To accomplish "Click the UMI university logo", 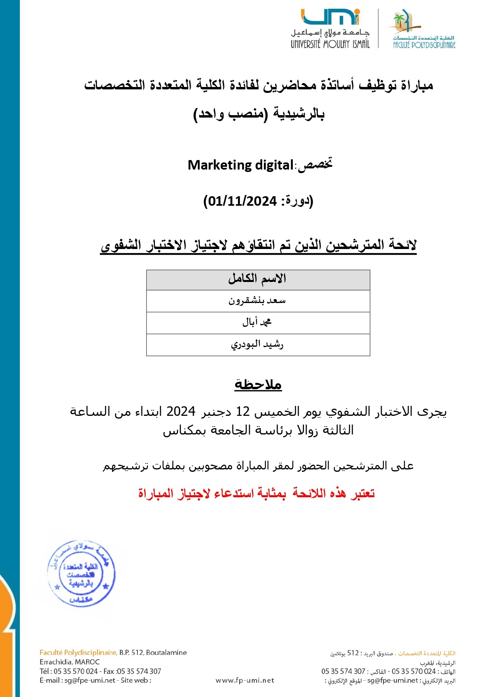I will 331,17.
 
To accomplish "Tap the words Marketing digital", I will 240,165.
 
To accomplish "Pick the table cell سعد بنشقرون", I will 257,301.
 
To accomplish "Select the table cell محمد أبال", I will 257,322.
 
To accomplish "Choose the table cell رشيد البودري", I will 257,344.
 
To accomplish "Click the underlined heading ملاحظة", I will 258,384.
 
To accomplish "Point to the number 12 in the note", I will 243,411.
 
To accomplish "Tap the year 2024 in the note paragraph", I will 181,411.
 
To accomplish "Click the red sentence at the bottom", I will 257,493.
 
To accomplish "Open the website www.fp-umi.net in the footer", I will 245,680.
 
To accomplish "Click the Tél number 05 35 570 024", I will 75,671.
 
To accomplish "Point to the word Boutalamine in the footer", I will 166,653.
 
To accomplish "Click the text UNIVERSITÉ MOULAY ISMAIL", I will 330,44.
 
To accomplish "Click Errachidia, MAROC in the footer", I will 70,662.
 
